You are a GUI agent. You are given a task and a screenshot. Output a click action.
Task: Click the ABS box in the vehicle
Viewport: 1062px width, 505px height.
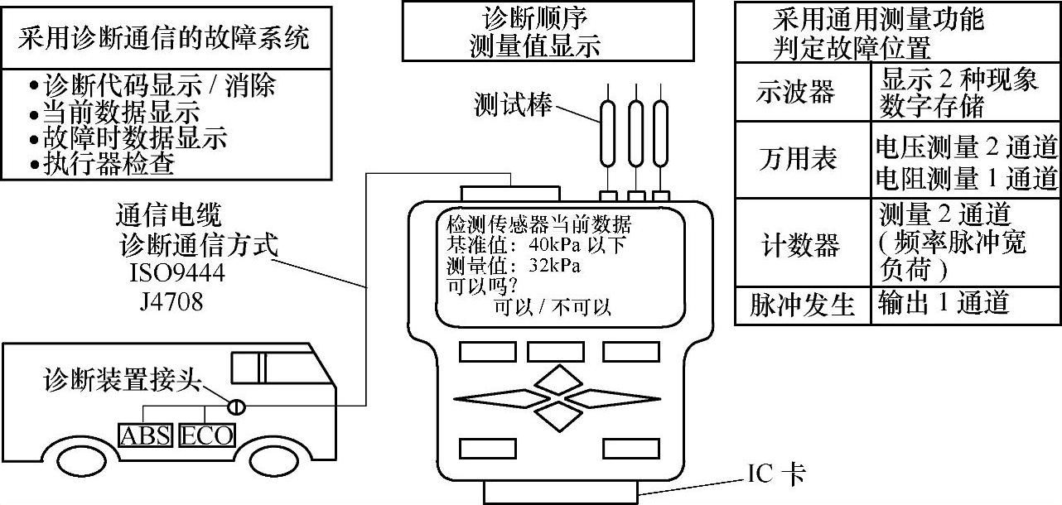click(147, 435)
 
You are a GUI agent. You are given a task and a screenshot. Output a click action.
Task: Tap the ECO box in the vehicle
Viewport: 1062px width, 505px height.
click(207, 435)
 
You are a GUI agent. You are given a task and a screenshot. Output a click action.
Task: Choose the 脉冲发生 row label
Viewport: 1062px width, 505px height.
click(801, 305)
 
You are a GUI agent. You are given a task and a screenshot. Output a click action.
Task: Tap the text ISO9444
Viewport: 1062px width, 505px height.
click(177, 272)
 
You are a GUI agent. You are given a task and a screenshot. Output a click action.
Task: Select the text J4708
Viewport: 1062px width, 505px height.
click(171, 301)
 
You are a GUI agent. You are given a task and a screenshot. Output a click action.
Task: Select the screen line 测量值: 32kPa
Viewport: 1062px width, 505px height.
click(514, 267)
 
